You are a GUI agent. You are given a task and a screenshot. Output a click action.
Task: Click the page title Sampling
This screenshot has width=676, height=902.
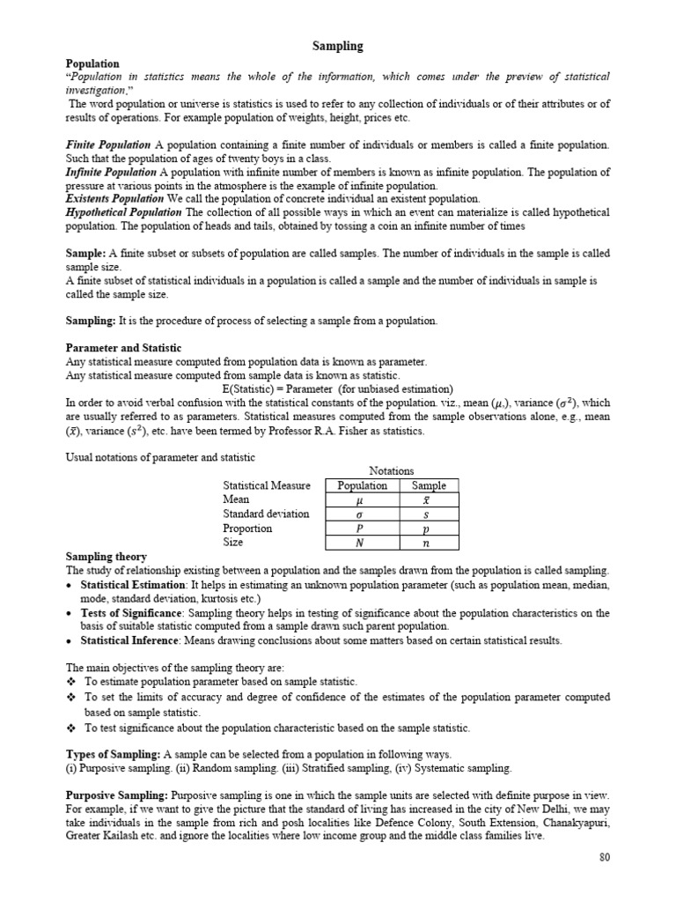click(338, 45)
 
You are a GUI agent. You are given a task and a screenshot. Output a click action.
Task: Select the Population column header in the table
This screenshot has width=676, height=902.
click(362, 485)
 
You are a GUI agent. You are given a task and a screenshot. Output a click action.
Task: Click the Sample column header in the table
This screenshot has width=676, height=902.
click(429, 485)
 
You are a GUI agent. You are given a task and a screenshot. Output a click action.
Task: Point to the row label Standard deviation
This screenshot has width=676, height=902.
click(266, 514)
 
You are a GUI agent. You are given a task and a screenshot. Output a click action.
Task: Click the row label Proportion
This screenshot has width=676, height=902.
click(247, 529)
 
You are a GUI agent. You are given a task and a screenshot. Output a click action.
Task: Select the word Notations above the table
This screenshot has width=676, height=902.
click(393, 471)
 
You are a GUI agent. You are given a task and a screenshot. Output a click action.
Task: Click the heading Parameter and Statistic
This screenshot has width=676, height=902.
click(124, 349)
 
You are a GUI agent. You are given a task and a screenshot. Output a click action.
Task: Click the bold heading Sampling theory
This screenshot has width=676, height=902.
click(107, 557)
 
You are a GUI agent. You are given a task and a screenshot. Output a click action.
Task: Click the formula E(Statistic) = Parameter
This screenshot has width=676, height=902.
click(263, 388)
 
